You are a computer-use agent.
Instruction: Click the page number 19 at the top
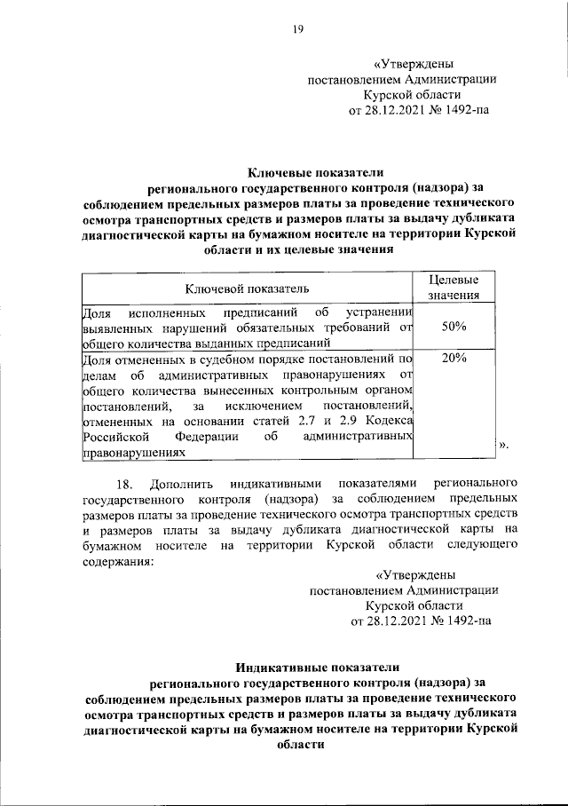[299, 29]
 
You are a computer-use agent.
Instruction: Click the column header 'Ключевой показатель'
[248, 288]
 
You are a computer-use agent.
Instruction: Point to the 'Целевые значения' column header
[454, 288]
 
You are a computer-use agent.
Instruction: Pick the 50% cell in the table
[454, 327]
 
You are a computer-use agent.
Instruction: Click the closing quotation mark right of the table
[503, 446]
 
